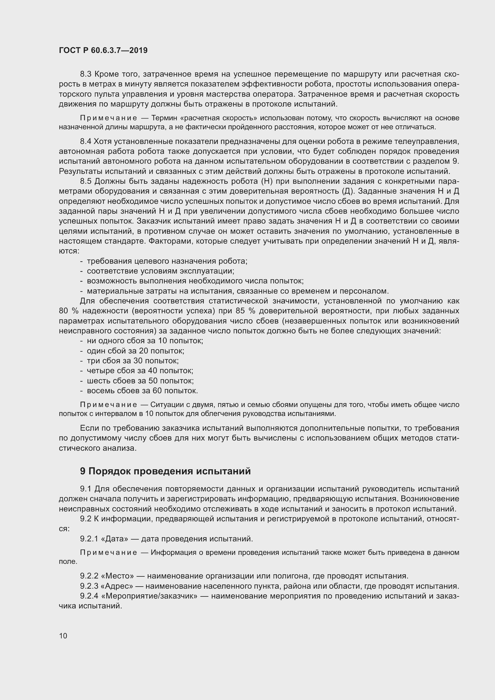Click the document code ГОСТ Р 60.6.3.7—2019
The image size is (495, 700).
[x=103, y=50]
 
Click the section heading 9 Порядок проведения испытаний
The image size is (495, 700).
[x=165, y=471]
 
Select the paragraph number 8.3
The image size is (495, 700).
[x=86, y=74]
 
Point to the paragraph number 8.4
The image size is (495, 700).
[x=86, y=142]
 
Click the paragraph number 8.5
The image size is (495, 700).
[x=86, y=181]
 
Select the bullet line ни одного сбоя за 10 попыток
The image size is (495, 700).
[x=145, y=341]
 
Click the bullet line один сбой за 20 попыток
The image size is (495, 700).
[x=135, y=351]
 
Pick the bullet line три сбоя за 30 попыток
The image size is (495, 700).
[x=133, y=361]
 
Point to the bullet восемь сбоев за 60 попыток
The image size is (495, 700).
[x=142, y=391]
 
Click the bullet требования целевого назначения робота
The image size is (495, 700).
[x=167, y=261]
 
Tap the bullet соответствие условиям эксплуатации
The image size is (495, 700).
[x=160, y=271]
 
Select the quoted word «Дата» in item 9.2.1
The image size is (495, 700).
[x=114, y=539]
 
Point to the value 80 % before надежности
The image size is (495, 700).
[x=69, y=311]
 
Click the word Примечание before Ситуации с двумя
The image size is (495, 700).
[x=108, y=405]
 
